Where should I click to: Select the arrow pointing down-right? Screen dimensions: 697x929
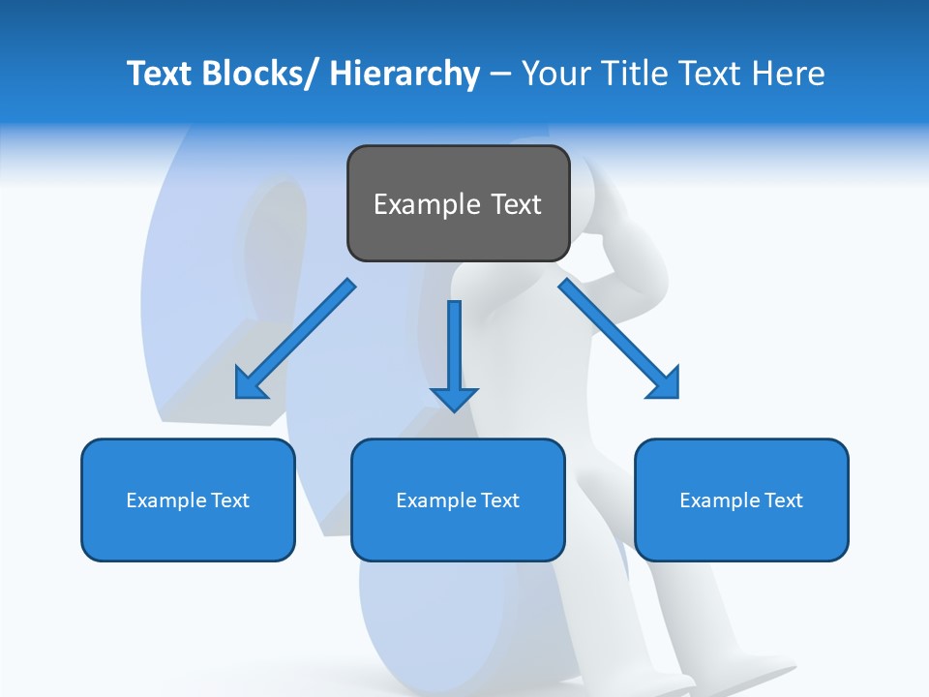click(x=619, y=339)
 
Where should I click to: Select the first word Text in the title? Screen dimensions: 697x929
click(x=160, y=74)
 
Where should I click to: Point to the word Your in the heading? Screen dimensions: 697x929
click(x=554, y=74)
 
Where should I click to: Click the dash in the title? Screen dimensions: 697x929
click(x=500, y=75)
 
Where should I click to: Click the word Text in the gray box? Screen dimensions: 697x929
click(x=515, y=205)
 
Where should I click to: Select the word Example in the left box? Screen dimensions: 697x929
click(x=166, y=500)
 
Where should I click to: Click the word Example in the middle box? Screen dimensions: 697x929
click(x=436, y=500)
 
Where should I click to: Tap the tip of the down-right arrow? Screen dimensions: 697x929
click(x=676, y=396)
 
